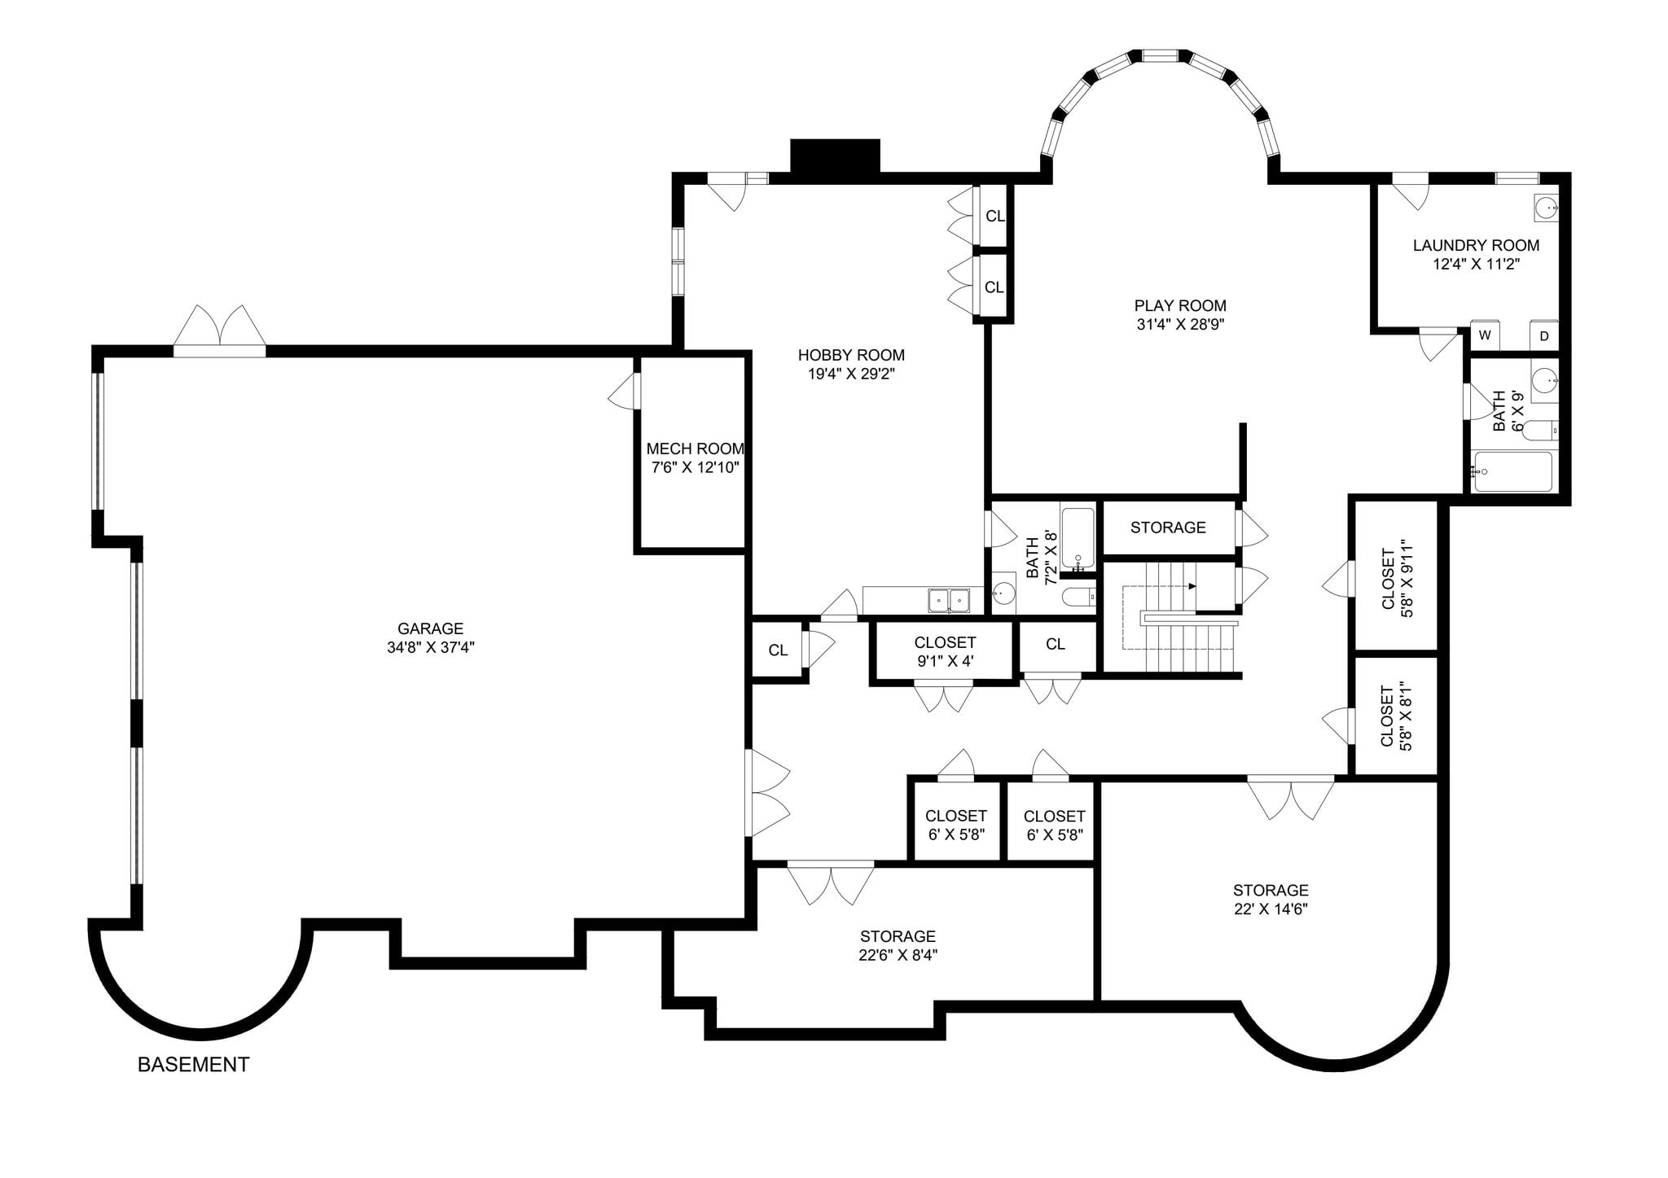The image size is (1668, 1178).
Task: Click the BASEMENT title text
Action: pyautogui.click(x=193, y=1064)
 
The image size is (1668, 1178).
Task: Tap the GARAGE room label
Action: pyautogui.click(x=430, y=628)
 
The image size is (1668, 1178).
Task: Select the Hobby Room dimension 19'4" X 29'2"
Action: pyautogui.click(x=851, y=374)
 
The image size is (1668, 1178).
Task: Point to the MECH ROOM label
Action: pyautogui.click(x=695, y=449)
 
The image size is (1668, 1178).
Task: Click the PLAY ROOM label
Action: pyautogui.click(x=1180, y=305)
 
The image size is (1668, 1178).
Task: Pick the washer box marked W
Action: pyautogui.click(x=1485, y=335)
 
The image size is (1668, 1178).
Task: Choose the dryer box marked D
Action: pyautogui.click(x=1543, y=335)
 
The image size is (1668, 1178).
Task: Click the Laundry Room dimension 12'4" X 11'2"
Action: pyautogui.click(x=1476, y=264)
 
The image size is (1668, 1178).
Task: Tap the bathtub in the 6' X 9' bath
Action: pyautogui.click(x=1512, y=471)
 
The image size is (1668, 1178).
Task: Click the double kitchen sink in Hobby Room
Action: pyautogui.click(x=949, y=600)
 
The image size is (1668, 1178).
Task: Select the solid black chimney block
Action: pyautogui.click(x=836, y=156)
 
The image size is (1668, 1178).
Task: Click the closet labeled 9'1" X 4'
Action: pyautogui.click(x=945, y=651)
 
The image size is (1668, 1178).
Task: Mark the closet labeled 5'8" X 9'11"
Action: pyautogui.click(x=1396, y=577)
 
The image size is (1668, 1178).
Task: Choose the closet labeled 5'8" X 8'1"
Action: pyautogui.click(x=1396, y=716)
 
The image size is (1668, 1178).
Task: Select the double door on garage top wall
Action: pyautogui.click(x=220, y=332)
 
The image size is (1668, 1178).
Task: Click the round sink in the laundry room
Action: pyautogui.click(x=1546, y=208)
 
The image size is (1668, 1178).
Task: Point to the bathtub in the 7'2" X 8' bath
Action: pyautogui.click(x=1078, y=537)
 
